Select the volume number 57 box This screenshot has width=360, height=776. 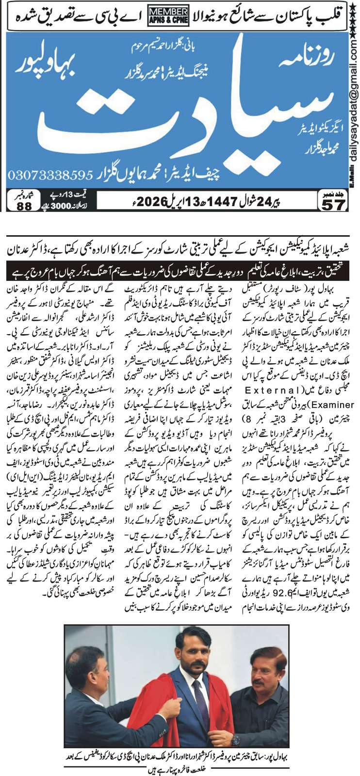coord(333,201)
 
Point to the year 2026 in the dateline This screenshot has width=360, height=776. coord(156,199)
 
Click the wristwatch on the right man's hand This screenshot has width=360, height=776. coord(237,740)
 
